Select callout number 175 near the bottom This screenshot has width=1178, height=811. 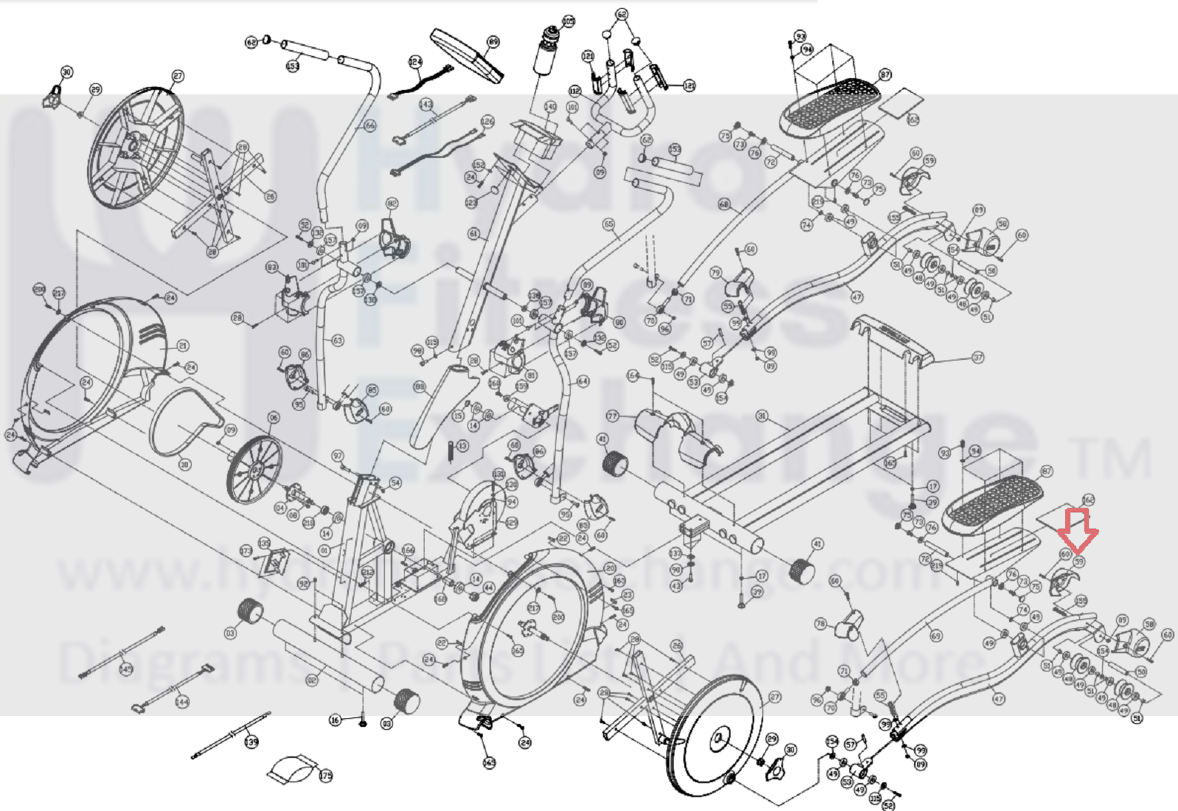pyautogui.click(x=325, y=776)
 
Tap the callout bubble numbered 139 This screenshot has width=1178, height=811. pyautogui.click(x=252, y=741)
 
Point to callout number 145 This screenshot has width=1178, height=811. pyautogui.click(x=126, y=669)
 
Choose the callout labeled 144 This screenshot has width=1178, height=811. pyautogui.click(x=181, y=702)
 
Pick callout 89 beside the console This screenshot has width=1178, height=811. pyautogui.click(x=493, y=42)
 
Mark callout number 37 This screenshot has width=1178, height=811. pyautogui.click(x=978, y=358)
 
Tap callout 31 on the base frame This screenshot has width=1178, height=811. pyautogui.click(x=762, y=416)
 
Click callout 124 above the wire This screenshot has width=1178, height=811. pyautogui.click(x=415, y=62)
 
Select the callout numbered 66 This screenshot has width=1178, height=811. pyautogui.click(x=370, y=125)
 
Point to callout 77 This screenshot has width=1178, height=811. pyautogui.click(x=611, y=417)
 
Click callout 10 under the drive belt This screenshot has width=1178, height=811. pyautogui.click(x=184, y=464)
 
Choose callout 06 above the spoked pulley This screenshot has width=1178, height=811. pyautogui.click(x=274, y=418)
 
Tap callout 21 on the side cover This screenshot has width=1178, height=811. pyautogui.click(x=183, y=345)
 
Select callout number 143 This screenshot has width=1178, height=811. pyautogui.click(x=426, y=105)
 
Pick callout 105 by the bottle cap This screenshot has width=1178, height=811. pyautogui.click(x=568, y=21)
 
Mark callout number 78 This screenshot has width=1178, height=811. pyautogui.click(x=820, y=624)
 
